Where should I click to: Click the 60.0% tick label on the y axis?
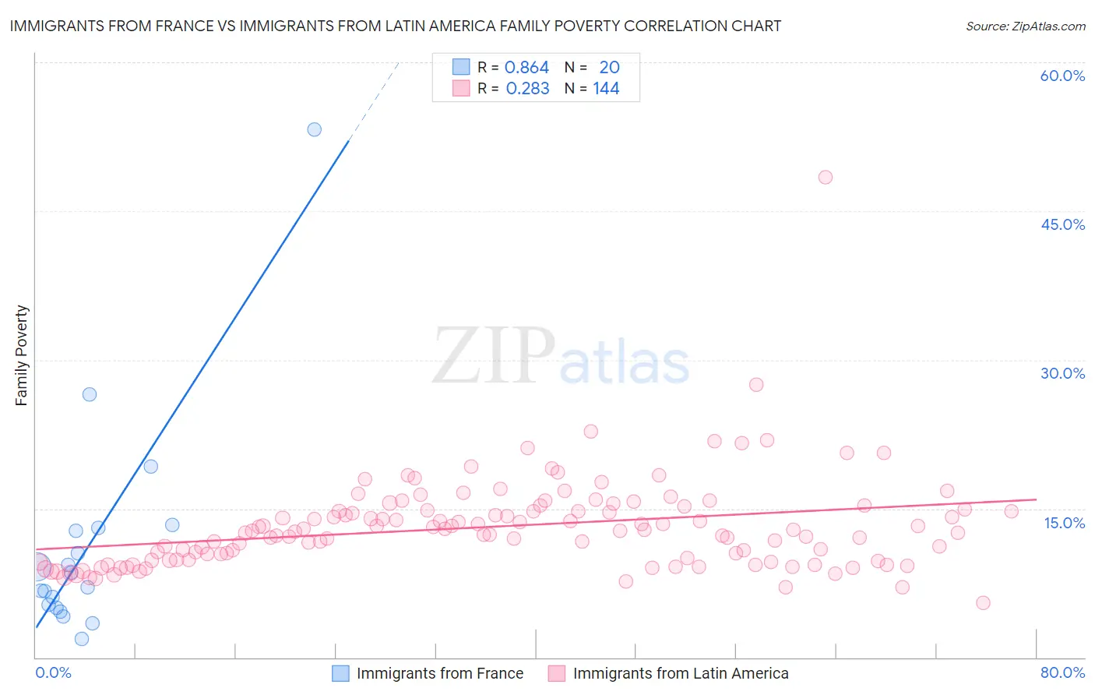(x=1062, y=76)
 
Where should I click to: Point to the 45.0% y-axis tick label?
(x=1062, y=224)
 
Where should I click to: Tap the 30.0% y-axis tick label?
(x=1062, y=373)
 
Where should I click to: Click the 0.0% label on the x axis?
(x=53, y=672)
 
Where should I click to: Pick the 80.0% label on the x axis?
(x=1062, y=672)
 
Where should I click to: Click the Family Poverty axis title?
(x=22, y=355)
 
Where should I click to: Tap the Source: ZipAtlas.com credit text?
(x=1025, y=26)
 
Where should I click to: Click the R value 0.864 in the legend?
(x=526, y=68)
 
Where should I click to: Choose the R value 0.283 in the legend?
(x=527, y=89)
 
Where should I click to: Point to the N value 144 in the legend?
(x=606, y=89)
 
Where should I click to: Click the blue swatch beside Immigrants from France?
(x=340, y=673)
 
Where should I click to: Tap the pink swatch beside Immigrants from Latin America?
(x=556, y=673)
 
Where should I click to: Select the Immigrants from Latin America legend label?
(x=681, y=673)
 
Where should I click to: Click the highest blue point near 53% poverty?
(x=314, y=129)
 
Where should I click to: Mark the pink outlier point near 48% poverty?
(x=825, y=177)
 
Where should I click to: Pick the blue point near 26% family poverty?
(x=90, y=394)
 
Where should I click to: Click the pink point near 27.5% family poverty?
(x=755, y=384)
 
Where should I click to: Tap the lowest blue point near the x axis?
(x=81, y=639)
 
